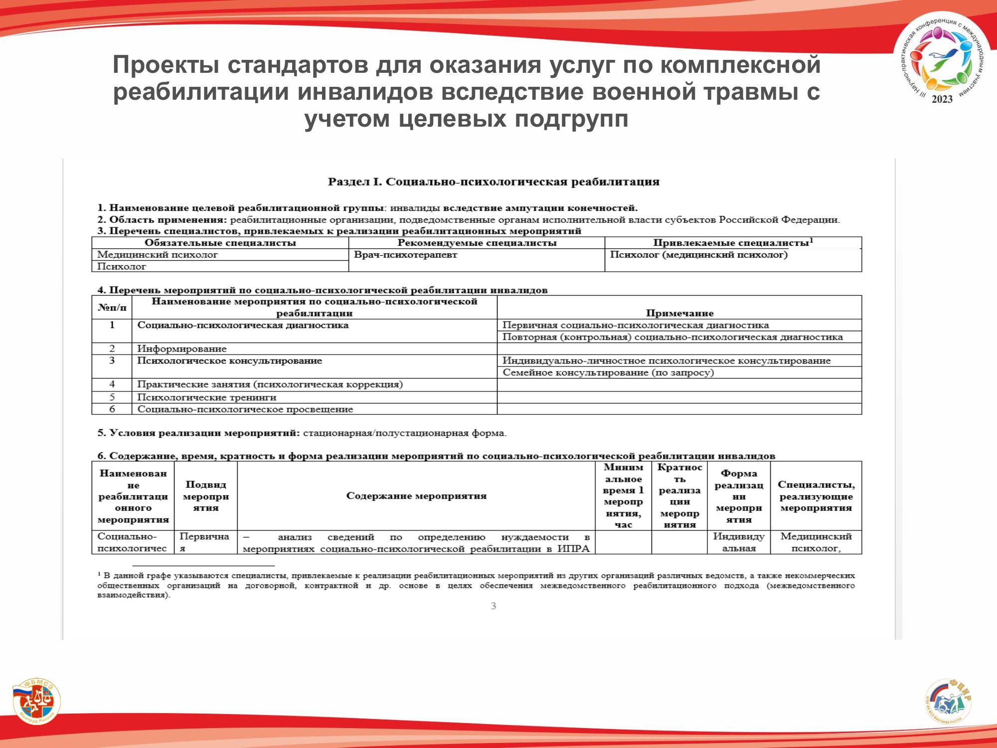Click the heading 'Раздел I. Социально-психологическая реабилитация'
click(x=493, y=182)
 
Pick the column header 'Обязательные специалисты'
click(x=220, y=243)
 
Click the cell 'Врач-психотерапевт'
click(x=405, y=255)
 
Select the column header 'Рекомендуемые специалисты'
click(x=477, y=243)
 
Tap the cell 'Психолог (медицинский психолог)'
click(x=698, y=255)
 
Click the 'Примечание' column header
click(x=679, y=313)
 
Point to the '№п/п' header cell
click(x=112, y=307)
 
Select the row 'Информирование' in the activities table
click(x=182, y=349)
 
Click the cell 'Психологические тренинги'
click(x=206, y=397)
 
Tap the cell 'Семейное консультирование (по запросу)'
click(x=608, y=373)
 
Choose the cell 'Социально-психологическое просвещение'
click(x=245, y=409)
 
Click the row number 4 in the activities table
click(x=112, y=384)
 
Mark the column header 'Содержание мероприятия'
click(x=416, y=496)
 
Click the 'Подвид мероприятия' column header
click(x=206, y=496)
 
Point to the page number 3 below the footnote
click(x=493, y=606)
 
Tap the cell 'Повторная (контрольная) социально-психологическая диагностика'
click(x=672, y=337)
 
